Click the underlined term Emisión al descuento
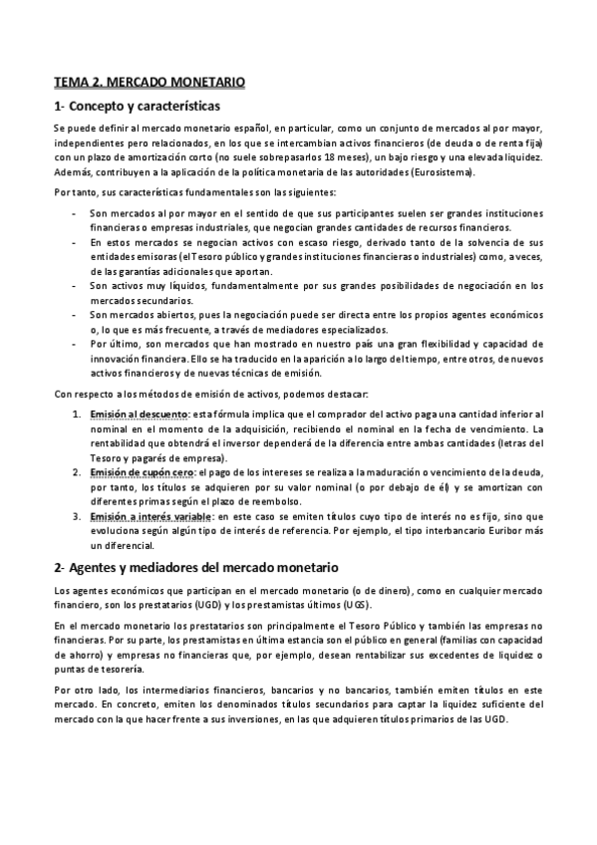tap(139, 414)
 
